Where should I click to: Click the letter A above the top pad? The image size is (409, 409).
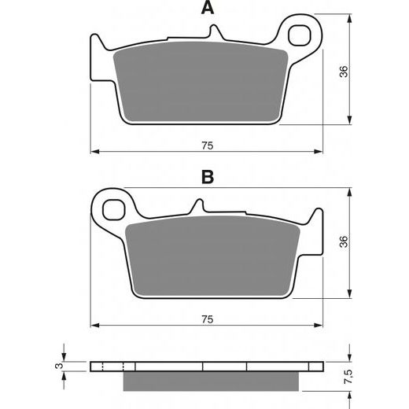coord(208,8)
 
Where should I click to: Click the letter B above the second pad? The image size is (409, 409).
coord(208,177)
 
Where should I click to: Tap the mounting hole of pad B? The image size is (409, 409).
coord(113,209)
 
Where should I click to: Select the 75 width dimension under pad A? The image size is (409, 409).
coord(208,146)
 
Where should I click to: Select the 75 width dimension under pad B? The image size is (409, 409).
coord(208,319)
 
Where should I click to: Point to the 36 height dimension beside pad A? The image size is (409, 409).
coord(344,72)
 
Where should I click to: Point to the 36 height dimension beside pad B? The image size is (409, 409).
coord(344,241)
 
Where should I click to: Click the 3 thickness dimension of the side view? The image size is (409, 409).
coord(60,366)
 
